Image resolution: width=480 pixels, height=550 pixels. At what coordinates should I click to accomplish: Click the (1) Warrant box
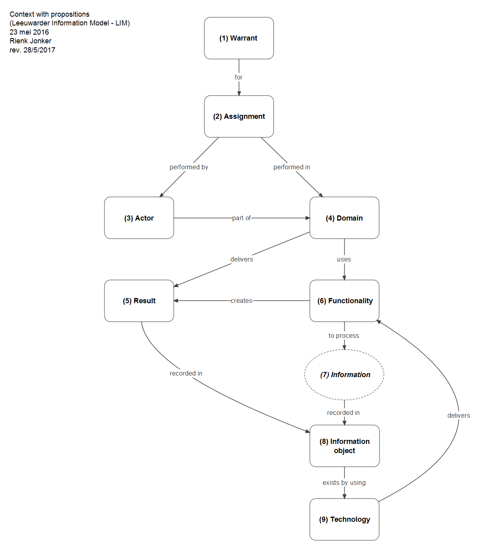[239, 38]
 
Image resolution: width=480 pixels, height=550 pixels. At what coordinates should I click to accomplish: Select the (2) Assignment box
[239, 116]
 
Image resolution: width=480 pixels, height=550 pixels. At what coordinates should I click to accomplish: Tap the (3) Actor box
[139, 218]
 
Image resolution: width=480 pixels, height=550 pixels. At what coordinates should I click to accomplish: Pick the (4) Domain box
[344, 218]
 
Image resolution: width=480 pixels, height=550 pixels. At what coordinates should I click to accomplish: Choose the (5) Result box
[139, 301]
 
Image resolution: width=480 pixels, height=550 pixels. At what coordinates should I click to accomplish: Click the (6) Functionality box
[344, 301]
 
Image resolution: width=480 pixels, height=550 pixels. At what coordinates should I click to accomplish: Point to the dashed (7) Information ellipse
[344, 375]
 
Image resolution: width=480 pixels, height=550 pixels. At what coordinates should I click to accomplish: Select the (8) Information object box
[344, 446]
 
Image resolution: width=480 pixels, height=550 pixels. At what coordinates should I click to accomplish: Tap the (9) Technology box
[344, 519]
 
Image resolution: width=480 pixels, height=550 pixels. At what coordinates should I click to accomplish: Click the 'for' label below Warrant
[238, 77]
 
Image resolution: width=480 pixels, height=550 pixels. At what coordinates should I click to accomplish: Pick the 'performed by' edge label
[189, 167]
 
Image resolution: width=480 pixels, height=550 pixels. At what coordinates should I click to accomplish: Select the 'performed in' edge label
[291, 167]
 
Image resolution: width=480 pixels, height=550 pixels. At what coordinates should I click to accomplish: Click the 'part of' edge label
[241, 218]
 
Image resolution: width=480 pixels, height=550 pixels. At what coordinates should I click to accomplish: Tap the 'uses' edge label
[344, 260]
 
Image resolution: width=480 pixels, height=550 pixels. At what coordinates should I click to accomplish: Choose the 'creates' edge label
[241, 301]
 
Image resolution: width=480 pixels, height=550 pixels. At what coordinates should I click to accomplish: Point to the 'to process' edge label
[343, 336]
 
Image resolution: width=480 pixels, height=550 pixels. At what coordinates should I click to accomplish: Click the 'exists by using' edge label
[344, 483]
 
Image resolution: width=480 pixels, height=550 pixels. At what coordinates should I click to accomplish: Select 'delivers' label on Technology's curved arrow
[459, 416]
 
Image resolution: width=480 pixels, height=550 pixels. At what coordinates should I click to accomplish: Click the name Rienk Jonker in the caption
[31, 41]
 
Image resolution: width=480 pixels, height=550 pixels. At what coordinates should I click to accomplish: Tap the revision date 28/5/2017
[39, 50]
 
